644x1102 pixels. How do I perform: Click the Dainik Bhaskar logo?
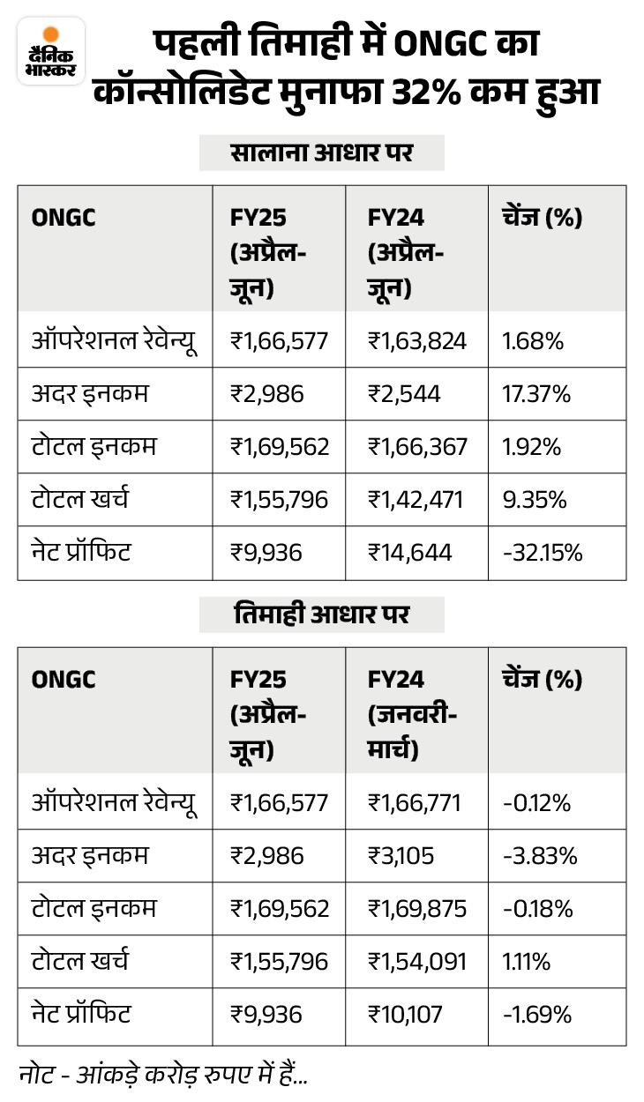coord(51,51)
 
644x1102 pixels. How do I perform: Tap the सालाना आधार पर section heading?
coord(321,153)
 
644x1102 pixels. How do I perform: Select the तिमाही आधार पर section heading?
coord(321,615)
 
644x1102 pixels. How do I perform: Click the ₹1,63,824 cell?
coord(417,341)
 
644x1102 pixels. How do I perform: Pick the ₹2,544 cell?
coord(401,394)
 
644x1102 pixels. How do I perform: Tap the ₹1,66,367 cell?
coord(417,447)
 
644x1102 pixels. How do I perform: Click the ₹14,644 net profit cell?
coord(410,553)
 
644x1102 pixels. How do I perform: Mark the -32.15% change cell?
coord(541,553)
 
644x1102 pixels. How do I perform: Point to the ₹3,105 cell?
coord(400,856)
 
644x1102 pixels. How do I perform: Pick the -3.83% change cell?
coord(538,856)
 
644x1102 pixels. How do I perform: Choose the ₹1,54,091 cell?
coord(417,962)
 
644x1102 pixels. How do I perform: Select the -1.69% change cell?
coord(536,1015)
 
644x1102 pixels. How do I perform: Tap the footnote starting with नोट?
coord(162,1074)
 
